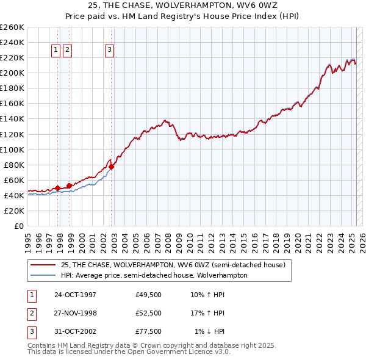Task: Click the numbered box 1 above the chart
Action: (56, 51)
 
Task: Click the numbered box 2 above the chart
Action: (67, 51)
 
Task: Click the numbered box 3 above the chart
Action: (109, 51)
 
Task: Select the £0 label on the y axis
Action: (18, 226)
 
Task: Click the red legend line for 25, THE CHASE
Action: (43, 265)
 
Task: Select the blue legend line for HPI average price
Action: (43, 275)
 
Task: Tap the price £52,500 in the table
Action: (149, 313)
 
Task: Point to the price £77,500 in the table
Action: (149, 331)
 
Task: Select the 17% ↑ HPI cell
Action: (207, 313)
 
